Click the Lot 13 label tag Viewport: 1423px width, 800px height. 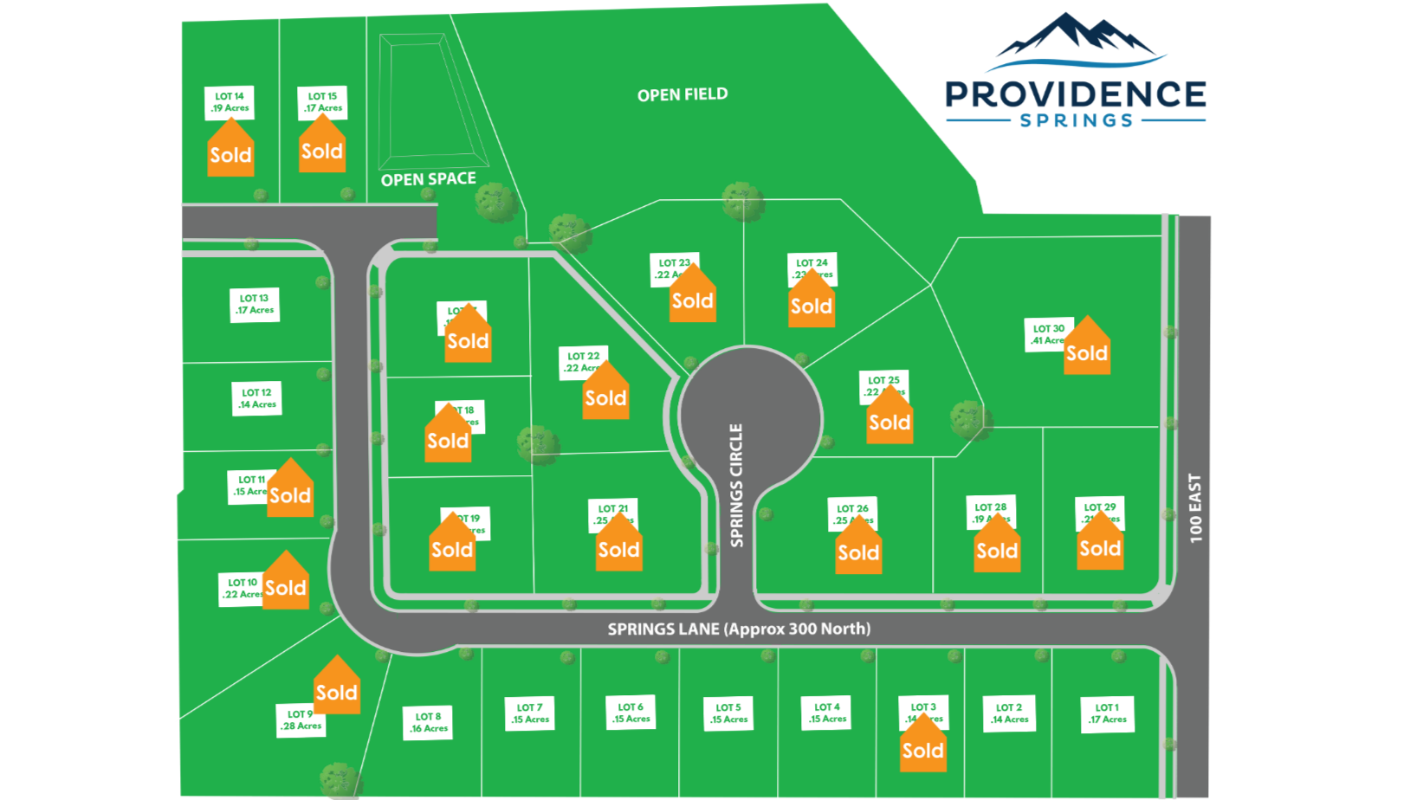click(255, 305)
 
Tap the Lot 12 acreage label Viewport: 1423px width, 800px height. click(257, 398)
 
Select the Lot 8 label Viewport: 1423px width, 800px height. click(429, 722)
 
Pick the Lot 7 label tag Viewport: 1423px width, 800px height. click(529, 713)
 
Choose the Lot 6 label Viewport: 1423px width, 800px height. click(631, 713)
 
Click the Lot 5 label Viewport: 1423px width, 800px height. click(728, 713)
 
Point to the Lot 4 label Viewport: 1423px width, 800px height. click(827, 713)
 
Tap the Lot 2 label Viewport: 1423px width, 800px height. click(1010, 713)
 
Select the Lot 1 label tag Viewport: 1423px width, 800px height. click(1108, 713)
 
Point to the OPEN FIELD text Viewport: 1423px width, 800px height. click(682, 94)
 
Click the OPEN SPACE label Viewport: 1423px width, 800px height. click(429, 179)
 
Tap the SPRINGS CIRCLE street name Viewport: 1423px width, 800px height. click(736, 485)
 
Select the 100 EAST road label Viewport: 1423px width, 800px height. click(1195, 508)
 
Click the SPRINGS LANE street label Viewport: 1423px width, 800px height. click(739, 629)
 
